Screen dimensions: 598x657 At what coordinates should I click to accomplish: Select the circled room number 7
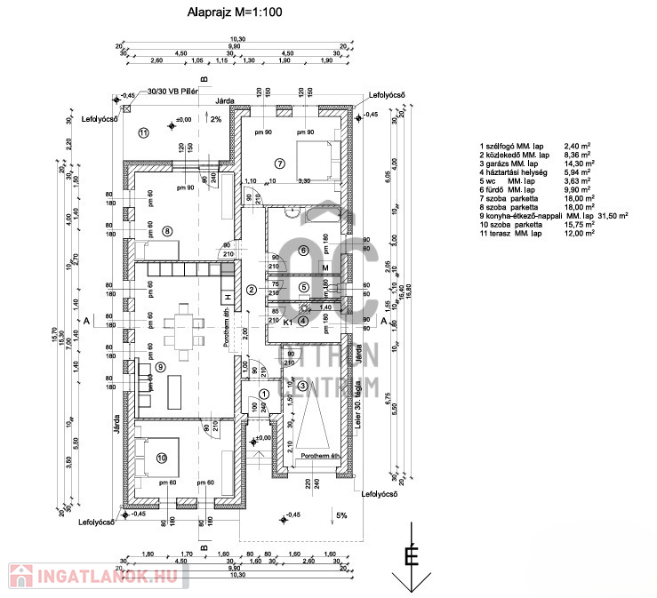point(278,163)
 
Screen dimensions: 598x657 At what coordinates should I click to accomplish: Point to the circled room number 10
point(161,458)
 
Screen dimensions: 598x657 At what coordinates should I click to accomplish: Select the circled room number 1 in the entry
point(263,394)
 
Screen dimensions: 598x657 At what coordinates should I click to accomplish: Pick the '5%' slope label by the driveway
point(342,514)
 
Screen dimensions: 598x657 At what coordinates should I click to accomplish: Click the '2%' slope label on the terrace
point(216,119)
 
